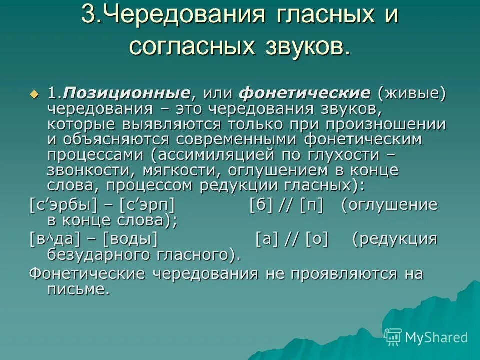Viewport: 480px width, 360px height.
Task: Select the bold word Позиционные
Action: coord(127,93)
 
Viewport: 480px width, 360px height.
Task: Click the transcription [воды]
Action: coord(130,240)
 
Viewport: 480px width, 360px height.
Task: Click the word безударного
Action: coord(97,255)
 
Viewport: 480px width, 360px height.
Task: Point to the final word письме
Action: coord(78,289)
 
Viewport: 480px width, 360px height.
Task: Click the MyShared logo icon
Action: coord(393,337)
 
